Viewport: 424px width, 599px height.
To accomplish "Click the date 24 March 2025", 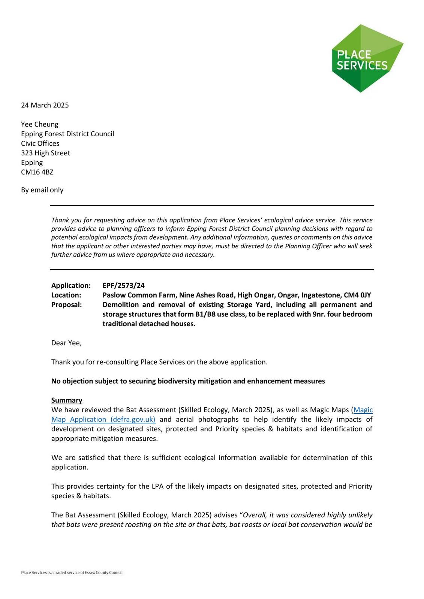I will (45, 105).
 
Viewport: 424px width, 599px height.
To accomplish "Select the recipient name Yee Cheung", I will (40, 124).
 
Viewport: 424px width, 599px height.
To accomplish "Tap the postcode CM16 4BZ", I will (37, 172).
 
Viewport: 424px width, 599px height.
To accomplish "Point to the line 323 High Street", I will (45, 153).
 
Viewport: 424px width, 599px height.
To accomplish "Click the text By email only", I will (42, 190).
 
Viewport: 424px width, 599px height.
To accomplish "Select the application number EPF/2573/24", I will (123, 286).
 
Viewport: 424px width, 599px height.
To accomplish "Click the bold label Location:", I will (66, 295).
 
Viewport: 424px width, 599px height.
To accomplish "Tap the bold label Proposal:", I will (66, 305).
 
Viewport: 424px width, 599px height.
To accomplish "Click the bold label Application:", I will (71, 286).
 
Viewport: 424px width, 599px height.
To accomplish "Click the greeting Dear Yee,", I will (66, 343).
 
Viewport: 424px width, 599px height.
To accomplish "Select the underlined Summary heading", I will (67, 400).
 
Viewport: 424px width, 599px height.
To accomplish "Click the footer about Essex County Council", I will (72, 572).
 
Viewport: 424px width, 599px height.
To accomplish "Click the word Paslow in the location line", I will (114, 295).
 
